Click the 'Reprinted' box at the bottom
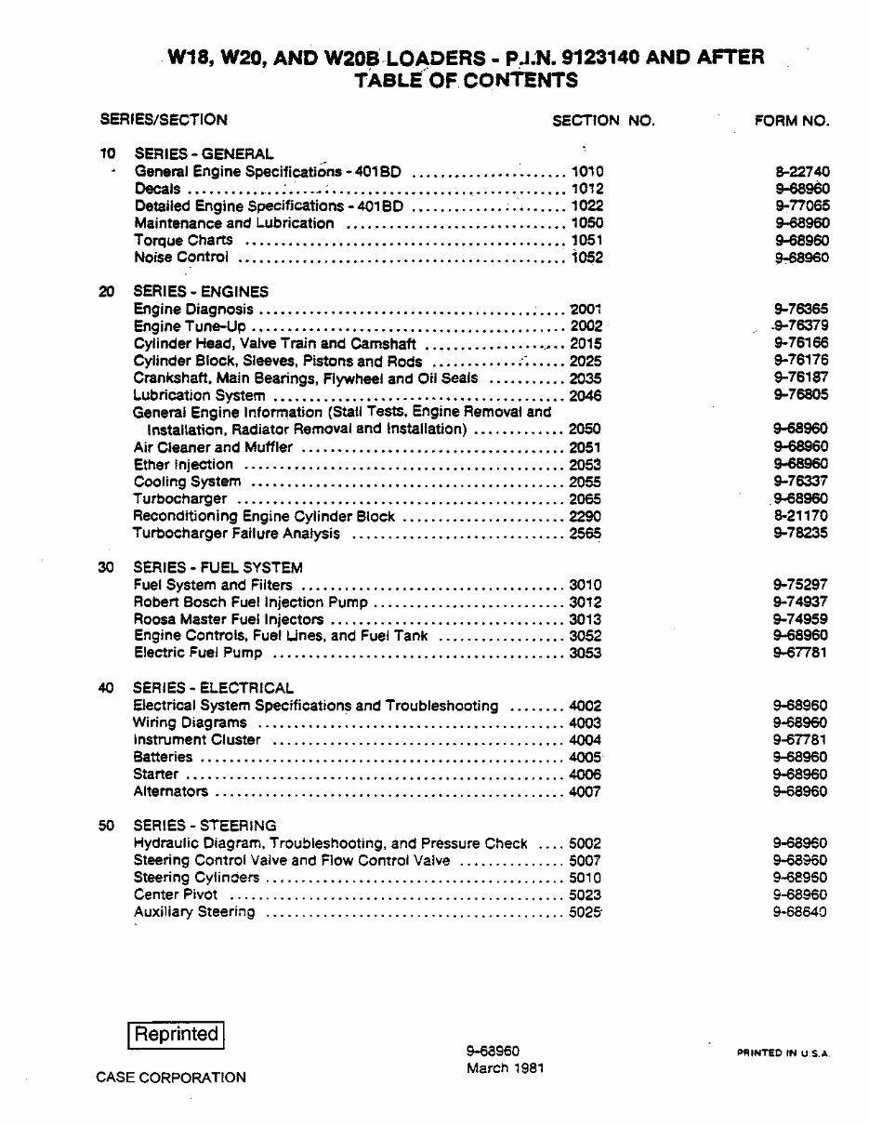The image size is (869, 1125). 176,1034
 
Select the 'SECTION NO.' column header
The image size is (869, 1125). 603,120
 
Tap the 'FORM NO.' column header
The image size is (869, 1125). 790,120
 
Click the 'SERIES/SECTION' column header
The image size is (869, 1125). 164,119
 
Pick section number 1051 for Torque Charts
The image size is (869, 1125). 586,241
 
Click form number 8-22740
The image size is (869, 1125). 801,172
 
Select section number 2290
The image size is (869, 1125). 586,516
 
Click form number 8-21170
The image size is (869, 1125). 801,516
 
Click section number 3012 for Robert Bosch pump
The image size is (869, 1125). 586,602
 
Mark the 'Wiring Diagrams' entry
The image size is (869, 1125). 191,722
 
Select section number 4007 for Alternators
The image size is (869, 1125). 586,792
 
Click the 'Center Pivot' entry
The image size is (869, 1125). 176,894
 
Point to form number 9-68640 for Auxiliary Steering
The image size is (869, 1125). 801,912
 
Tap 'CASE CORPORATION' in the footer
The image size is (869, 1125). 171,1078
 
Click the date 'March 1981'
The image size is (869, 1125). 505,1068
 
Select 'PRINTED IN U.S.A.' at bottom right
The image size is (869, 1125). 783,1053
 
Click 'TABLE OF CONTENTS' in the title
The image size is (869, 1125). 466,80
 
